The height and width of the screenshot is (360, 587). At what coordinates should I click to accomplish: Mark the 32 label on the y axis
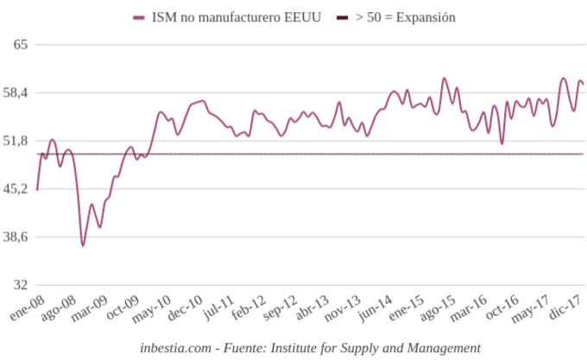pyautogui.click(x=21, y=285)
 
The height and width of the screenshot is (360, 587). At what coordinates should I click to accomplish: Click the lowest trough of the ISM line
pyautogui.click(x=83, y=246)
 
